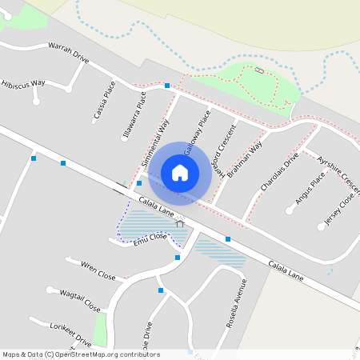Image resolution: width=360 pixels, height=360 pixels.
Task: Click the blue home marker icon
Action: [180, 173]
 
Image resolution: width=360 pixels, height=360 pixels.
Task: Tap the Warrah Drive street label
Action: [68, 53]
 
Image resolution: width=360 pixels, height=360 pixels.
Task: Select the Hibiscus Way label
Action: [23, 83]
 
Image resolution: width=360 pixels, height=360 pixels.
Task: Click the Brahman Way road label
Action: [245, 159]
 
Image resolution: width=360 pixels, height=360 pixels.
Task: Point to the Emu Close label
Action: [150, 237]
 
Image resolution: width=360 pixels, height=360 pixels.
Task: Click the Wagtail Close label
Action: [80, 300]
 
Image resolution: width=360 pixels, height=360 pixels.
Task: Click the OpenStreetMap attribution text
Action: [80, 354]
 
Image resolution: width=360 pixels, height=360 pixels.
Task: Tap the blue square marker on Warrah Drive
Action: [167, 85]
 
